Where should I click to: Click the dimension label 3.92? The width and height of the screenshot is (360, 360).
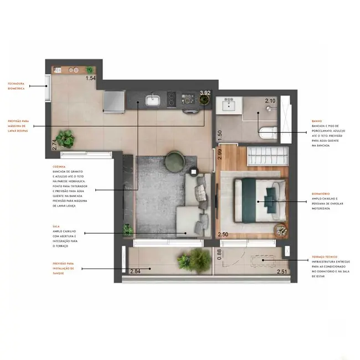[205, 93]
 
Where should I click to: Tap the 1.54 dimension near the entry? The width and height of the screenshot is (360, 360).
[91, 78]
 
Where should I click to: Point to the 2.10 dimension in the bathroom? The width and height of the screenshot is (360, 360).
[270, 101]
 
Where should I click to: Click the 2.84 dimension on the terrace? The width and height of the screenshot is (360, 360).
[135, 271]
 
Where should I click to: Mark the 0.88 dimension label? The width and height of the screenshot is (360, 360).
[219, 254]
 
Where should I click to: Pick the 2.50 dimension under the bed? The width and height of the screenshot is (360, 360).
[223, 235]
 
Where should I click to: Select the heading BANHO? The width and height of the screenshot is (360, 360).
[317, 120]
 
